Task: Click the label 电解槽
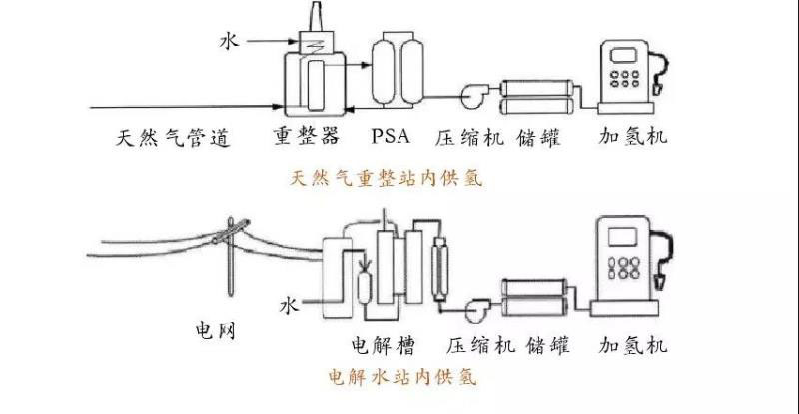pyautogui.click(x=383, y=346)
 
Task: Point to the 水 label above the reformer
pyautogui.click(x=229, y=42)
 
